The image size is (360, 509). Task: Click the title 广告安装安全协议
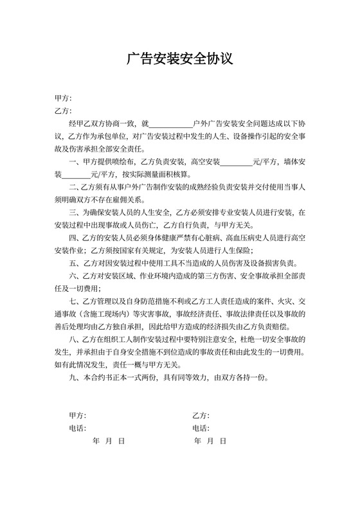(x=179, y=60)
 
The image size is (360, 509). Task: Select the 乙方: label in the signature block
(x=200, y=416)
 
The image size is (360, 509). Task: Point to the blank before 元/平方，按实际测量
(x=76, y=174)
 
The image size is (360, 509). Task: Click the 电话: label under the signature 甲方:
(x=77, y=428)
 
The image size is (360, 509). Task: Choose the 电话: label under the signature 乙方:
(x=200, y=428)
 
